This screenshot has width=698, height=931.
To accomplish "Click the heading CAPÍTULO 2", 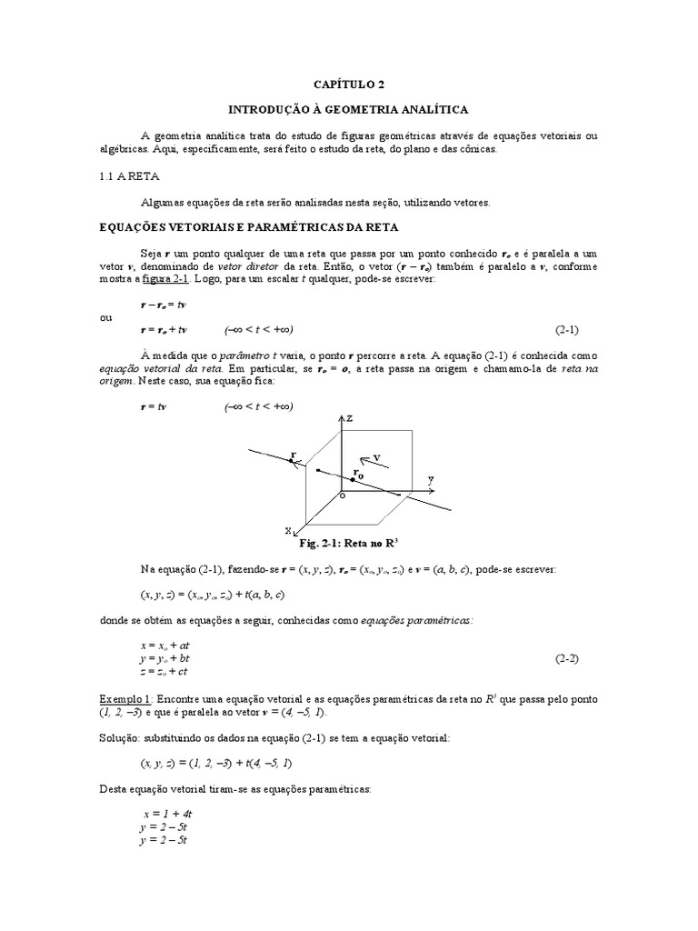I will [x=349, y=85].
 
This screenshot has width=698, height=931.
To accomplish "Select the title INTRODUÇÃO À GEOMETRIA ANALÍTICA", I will [x=348, y=109].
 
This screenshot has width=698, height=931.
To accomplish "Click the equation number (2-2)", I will [x=567, y=657].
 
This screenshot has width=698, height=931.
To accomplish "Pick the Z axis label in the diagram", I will [x=347, y=419].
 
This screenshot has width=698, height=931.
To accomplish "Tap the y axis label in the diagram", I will [x=431, y=477].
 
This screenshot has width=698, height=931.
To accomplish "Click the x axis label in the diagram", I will [x=288, y=529].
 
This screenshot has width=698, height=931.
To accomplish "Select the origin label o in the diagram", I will [x=342, y=497].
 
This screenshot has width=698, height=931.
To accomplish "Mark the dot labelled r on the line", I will [x=292, y=462].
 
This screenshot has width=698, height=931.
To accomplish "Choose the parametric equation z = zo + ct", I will [x=164, y=671].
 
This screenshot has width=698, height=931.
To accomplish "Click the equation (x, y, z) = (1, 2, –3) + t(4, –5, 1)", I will [x=216, y=763].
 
